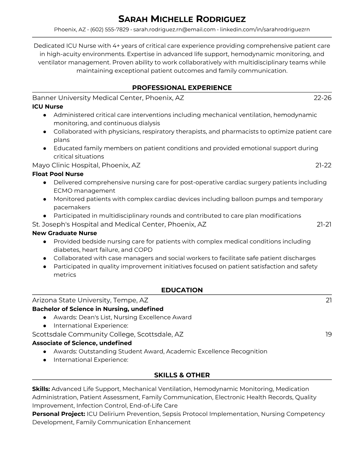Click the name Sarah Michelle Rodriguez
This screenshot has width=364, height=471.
[x=182, y=19]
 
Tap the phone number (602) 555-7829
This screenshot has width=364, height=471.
[x=109, y=29]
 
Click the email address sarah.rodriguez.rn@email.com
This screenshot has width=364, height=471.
[x=174, y=29]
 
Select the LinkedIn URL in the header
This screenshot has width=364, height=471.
[x=265, y=29]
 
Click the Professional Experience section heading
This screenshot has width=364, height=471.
[x=182, y=88]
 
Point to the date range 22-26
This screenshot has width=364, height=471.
[x=322, y=98]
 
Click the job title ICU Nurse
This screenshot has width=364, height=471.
[x=48, y=106]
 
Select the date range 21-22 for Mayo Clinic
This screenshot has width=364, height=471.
[x=323, y=165]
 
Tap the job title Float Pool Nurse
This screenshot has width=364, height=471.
[x=58, y=174]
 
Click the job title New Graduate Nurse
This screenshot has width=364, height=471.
[x=65, y=233]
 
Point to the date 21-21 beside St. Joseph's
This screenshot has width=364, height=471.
[x=324, y=224]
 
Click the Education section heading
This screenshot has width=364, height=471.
[x=182, y=290]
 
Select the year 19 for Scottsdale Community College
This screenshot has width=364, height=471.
[x=328, y=335]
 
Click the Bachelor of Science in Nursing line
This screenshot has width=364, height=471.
[x=98, y=309]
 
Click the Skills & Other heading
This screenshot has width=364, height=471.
[x=182, y=375]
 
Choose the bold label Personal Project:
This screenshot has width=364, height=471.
[x=59, y=414]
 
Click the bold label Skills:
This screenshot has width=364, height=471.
[x=41, y=389]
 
